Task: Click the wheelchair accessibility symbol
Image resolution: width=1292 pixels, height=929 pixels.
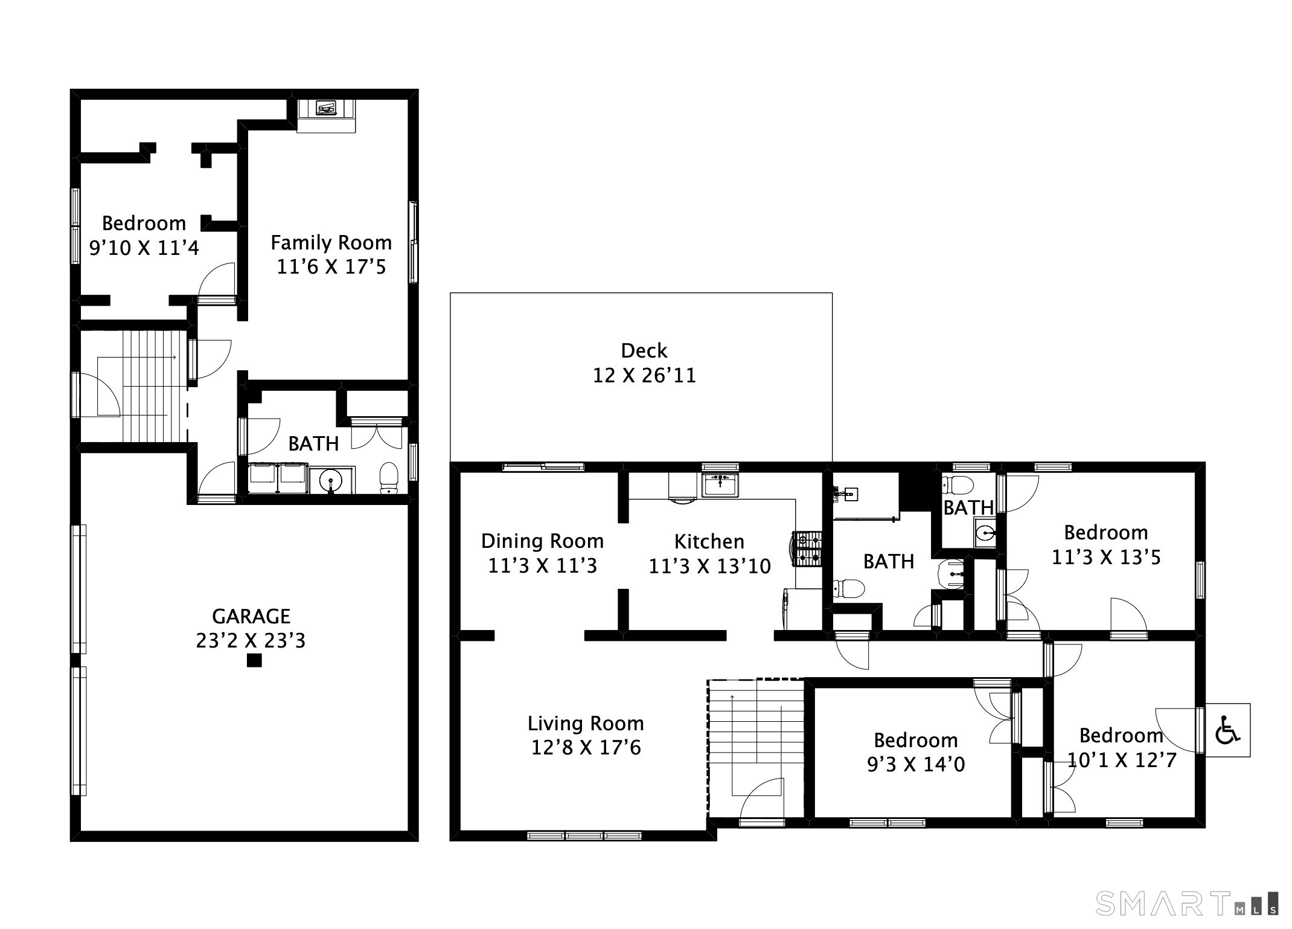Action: [1227, 730]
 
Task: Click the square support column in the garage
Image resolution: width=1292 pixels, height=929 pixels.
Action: [254, 661]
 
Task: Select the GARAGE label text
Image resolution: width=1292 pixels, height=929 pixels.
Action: [251, 616]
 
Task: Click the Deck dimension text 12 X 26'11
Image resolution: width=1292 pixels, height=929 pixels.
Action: [644, 376]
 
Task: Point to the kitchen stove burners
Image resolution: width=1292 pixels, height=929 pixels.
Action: [808, 548]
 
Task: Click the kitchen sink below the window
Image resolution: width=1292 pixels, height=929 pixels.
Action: [720, 484]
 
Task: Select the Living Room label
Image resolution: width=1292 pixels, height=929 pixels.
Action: [586, 723]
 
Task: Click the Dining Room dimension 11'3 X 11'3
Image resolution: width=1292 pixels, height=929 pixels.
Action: [542, 566]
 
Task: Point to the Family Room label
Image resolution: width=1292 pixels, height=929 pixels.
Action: [331, 243]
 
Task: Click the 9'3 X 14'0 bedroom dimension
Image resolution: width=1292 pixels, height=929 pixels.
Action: [916, 765]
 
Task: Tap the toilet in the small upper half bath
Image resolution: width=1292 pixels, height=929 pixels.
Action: [959, 485]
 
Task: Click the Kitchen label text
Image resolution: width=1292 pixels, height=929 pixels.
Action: [709, 541]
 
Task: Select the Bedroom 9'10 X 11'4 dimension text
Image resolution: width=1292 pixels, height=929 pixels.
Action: [144, 248]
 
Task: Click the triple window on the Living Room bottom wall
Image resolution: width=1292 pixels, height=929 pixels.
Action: [584, 835]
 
